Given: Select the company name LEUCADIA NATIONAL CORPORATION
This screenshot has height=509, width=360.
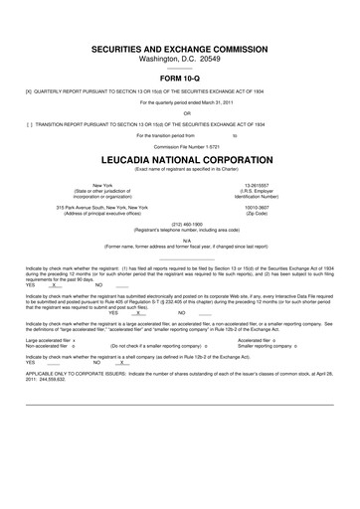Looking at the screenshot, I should click(180, 158).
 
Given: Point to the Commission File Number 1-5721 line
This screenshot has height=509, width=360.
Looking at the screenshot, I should click(179, 146).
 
